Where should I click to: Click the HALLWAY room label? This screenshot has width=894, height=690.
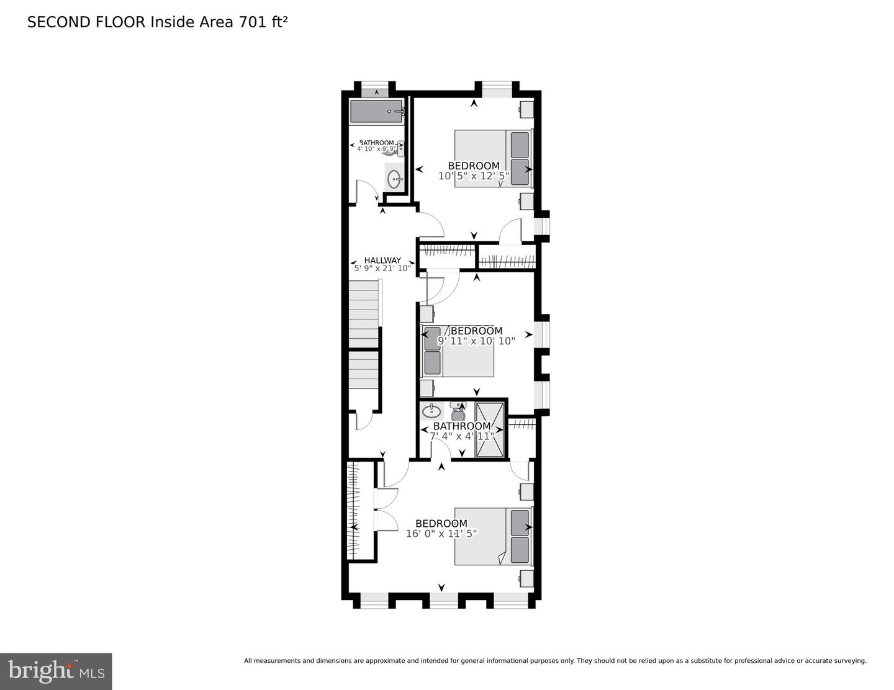382,261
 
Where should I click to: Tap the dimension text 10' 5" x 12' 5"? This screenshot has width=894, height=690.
474,176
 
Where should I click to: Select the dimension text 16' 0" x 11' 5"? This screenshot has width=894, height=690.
441,534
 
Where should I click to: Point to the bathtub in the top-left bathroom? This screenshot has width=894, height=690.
377,112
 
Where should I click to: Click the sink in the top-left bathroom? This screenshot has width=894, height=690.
394,179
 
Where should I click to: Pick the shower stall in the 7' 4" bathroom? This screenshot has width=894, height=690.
490,428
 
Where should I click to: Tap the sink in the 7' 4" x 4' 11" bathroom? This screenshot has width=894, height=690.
431,410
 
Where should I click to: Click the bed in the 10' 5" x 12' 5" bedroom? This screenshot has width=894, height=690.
494,158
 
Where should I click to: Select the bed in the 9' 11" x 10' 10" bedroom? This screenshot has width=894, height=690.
458,351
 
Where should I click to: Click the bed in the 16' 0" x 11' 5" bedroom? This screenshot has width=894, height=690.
492,537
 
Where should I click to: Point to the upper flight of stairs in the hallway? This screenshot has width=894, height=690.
363,314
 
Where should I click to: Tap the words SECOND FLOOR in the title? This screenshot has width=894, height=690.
86,22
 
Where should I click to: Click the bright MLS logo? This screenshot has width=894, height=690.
56,671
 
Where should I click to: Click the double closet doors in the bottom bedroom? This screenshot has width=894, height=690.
386,509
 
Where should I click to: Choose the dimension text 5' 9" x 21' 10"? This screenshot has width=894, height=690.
382,269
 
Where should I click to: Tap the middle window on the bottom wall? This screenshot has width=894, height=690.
443,600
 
